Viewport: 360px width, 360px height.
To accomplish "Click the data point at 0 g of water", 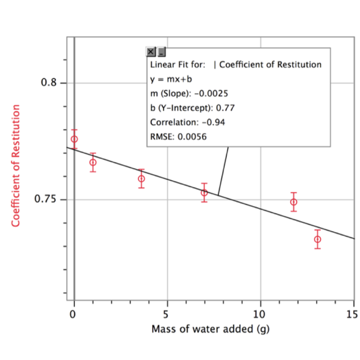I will [74, 139].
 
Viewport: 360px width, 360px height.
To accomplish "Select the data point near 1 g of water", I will [93, 162].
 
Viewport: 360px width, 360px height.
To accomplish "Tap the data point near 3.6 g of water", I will [141, 179].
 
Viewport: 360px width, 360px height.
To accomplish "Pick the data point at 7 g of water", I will [204, 193].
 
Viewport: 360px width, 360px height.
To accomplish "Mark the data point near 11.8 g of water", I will [294, 202].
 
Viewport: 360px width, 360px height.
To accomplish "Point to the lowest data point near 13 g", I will [317, 239].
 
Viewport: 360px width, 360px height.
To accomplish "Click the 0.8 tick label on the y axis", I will [48, 83].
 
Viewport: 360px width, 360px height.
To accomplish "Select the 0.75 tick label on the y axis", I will [46, 200].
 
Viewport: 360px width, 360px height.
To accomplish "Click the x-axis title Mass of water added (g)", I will [211, 329].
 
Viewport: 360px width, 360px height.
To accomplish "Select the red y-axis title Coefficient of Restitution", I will [16, 166].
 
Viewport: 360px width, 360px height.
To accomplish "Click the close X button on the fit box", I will [151, 52].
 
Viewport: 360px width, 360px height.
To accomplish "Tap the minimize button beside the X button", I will [161, 52].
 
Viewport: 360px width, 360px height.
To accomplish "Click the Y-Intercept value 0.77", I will [228, 108].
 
